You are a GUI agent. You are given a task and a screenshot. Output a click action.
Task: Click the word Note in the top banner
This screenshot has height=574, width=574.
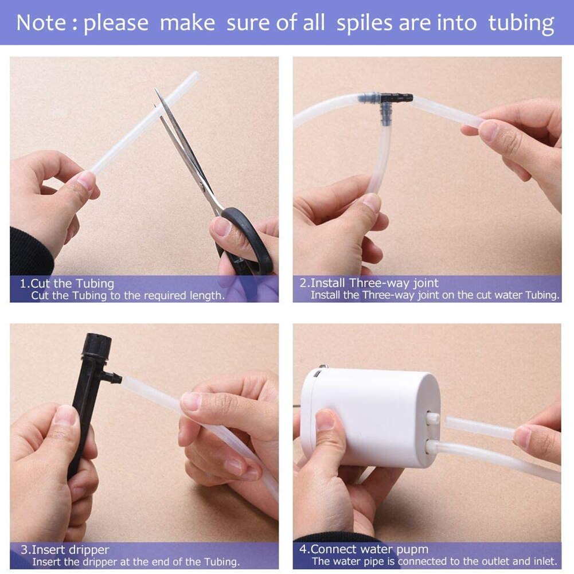[x=41, y=23]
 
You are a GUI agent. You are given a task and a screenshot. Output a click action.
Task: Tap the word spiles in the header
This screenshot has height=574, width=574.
[x=365, y=24]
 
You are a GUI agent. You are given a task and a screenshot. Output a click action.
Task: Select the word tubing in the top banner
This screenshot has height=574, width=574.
[x=521, y=24]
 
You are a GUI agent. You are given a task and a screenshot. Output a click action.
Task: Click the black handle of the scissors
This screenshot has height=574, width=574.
[x=246, y=241]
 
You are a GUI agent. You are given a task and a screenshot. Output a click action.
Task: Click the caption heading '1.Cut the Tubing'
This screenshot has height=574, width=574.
[x=67, y=283]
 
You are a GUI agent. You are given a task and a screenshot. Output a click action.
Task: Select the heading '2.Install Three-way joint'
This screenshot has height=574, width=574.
[x=369, y=283]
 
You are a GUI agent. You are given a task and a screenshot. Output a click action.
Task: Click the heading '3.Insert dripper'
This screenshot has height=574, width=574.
[x=65, y=549]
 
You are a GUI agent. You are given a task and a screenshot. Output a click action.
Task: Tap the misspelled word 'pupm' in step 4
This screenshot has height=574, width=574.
[x=412, y=550]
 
